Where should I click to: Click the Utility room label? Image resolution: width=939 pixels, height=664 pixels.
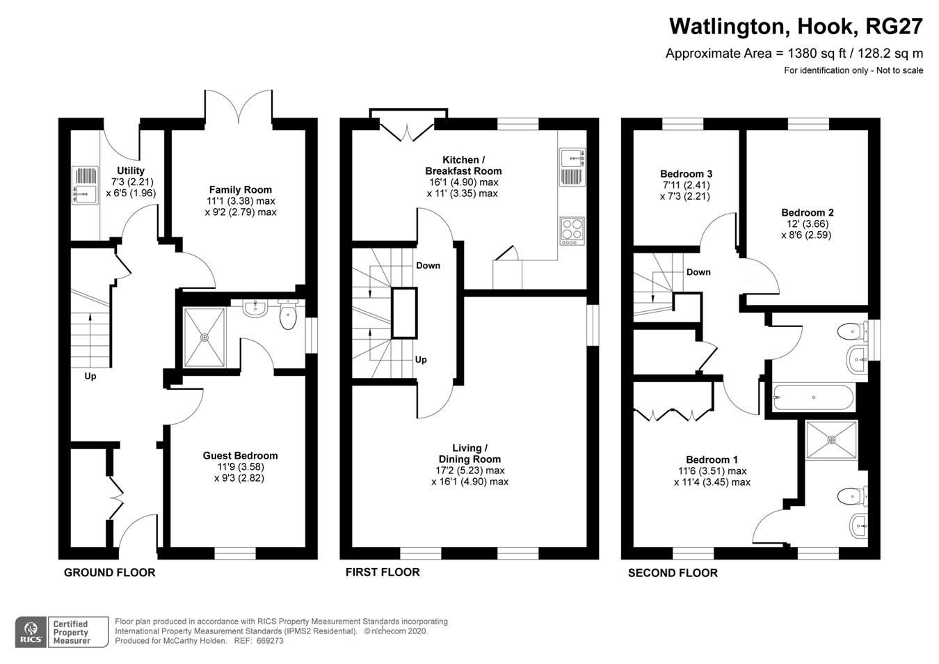tap(131, 171)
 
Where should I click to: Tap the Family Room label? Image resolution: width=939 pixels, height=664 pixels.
tap(241, 189)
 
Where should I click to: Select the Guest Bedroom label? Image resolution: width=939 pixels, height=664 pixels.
tap(240, 456)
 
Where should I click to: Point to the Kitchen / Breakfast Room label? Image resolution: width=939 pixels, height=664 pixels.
tap(463, 165)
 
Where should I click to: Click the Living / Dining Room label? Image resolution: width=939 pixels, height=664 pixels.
tap(469, 453)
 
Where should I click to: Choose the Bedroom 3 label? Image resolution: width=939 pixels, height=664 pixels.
tap(686, 174)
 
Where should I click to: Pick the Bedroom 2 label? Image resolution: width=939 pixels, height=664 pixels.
tap(807, 213)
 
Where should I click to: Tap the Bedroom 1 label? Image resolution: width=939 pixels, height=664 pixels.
tap(712, 459)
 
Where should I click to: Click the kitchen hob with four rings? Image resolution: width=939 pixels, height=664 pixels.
tap(572, 230)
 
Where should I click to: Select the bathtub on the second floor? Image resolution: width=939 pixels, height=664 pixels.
tap(812, 397)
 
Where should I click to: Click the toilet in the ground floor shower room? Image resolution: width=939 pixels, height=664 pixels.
tap(288, 315)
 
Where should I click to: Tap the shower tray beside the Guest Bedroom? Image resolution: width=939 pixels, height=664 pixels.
tap(204, 337)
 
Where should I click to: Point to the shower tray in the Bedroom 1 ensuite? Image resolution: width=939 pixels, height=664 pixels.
tap(831, 439)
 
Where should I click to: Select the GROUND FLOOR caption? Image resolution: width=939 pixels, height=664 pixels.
tap(109, 572)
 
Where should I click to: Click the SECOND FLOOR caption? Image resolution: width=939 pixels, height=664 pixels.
tap(673, 573)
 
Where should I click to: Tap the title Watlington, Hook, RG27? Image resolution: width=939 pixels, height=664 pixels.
tap(796, 26)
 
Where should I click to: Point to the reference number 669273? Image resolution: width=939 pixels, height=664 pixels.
tap(268, 641)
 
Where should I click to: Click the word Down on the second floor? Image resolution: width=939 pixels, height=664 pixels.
tap(698, 272)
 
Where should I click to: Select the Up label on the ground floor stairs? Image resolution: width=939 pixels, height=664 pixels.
tap(90, 376)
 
